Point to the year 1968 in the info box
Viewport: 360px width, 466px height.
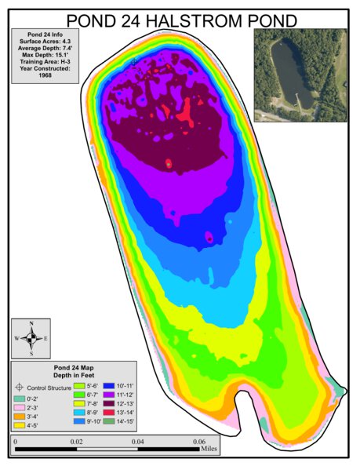click(x=44, y=75)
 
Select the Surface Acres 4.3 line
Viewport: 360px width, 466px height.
click(x=44, y=41)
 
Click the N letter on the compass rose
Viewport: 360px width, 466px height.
click(x=31, y=323)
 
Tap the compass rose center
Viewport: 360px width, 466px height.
click(x=31, y=338)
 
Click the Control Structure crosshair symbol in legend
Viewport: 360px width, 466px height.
click(x=20, y=388)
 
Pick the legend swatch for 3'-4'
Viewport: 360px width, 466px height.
click(x=20, y=417)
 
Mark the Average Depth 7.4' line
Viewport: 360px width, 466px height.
click(x=44, y=47)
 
